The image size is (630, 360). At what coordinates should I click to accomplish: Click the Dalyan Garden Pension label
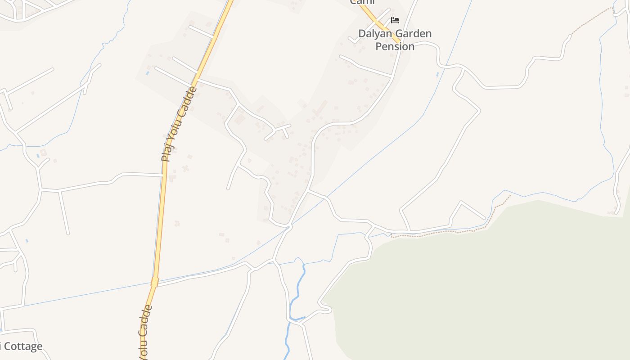[x=395, y=40]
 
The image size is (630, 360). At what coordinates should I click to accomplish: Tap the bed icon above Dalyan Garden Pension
[x=395, y=20]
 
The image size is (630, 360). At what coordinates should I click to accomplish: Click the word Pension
[x=395, y=46]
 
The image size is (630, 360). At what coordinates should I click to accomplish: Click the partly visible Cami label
[x=362, y=2]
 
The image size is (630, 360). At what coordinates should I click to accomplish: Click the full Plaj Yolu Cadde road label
[x=179, y=124]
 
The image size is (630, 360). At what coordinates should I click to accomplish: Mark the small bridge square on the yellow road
[x=155, y=282]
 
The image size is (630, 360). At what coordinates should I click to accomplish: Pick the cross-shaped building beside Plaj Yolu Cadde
[x=185, y=168]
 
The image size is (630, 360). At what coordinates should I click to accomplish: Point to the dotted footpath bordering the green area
[x=450, y=232]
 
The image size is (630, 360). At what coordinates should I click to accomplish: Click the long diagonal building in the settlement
[x=320, y=108]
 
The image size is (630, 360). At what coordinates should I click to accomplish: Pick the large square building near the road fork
[x=239, y=119]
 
